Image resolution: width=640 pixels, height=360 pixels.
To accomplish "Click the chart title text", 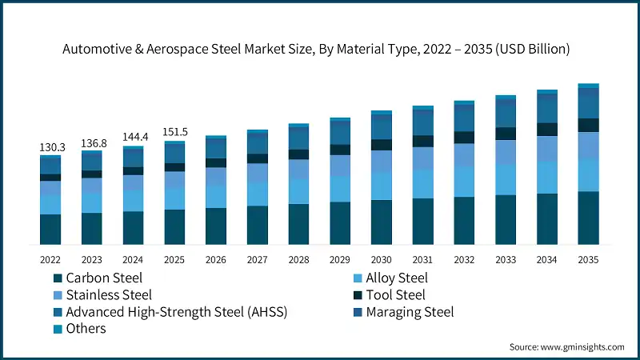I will coord(320,49).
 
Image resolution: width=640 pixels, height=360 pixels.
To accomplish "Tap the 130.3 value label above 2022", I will coord(50,148).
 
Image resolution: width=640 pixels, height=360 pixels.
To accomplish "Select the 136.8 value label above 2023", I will coord(92,143).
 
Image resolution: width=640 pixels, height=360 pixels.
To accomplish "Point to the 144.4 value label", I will coord(134,138).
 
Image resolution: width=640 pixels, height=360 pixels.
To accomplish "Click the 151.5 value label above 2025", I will coord(174,132).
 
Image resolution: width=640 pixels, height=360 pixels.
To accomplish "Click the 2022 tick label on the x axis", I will coord(50,260).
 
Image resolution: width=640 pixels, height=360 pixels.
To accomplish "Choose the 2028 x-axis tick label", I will coord(299,260).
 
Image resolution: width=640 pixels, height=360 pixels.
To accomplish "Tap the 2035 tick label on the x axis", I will coord(589,260).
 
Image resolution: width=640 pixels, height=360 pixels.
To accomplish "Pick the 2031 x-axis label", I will coord(423,260).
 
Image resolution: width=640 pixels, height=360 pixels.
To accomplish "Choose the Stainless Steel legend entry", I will coord(109,295).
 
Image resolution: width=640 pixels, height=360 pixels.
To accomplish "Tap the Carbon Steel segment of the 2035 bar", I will coord(589,218).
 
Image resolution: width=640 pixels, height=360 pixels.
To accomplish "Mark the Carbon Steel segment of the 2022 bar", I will coord(50,229).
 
